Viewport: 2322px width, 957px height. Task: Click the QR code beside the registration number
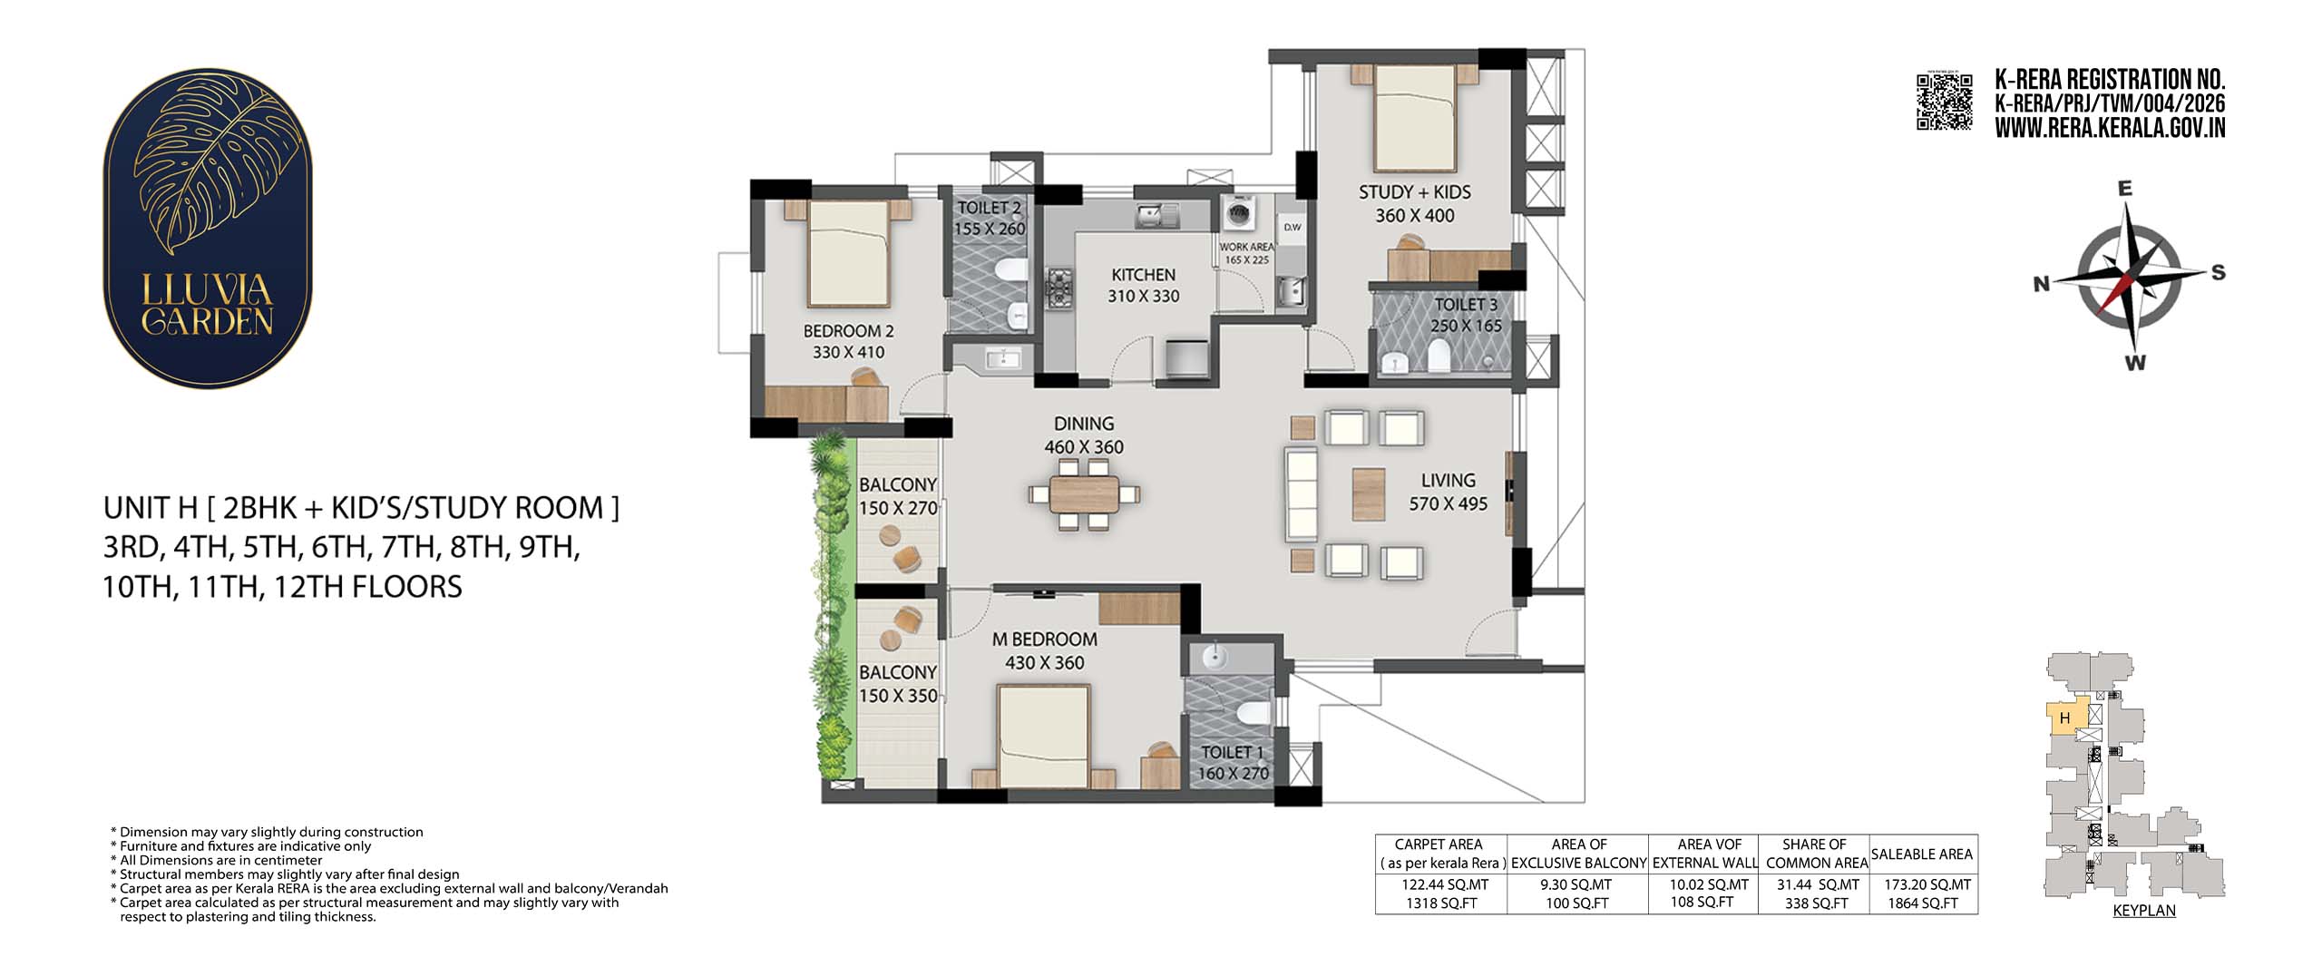tap(1944, 103)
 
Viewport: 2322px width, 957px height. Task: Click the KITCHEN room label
tap(1144, 274)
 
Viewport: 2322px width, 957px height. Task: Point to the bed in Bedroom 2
tap(848, 253)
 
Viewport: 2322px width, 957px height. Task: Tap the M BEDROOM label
tap(1045, 640)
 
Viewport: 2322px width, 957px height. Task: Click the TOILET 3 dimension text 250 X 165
tap(1467, 326)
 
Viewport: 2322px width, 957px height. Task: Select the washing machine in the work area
tap(1238, 215)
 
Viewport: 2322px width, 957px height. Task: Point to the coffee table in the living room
tap(1368, 493)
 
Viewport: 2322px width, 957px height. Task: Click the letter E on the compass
tap(2124, 189)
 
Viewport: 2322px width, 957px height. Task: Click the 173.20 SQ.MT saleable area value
tap(1923, 884)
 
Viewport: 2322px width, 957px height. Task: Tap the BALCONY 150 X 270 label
tap(898, 496)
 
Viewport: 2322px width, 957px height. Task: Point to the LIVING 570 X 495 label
tap(1448, 492)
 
